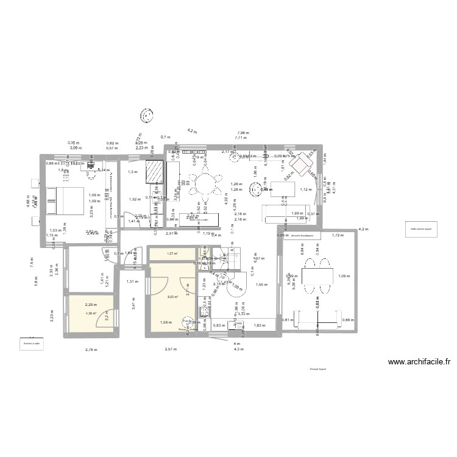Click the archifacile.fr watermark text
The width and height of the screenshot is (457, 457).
[419, 361]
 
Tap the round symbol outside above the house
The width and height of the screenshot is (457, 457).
[146, 115]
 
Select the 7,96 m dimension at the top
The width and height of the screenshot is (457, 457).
[242, 132]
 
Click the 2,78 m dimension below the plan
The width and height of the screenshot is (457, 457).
[90, 349]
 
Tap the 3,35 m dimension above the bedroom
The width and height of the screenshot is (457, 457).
[73, 142]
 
